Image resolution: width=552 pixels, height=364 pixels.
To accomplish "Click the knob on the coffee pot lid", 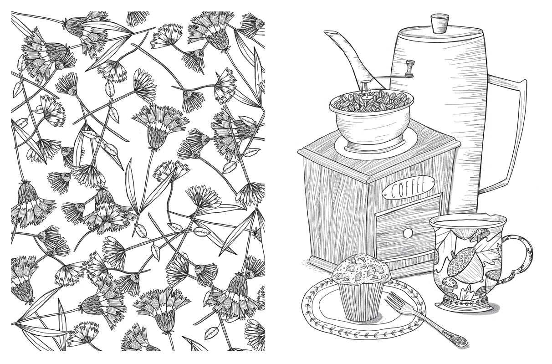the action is coord(440,23).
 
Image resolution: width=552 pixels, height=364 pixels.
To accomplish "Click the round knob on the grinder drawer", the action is coord(407,233).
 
